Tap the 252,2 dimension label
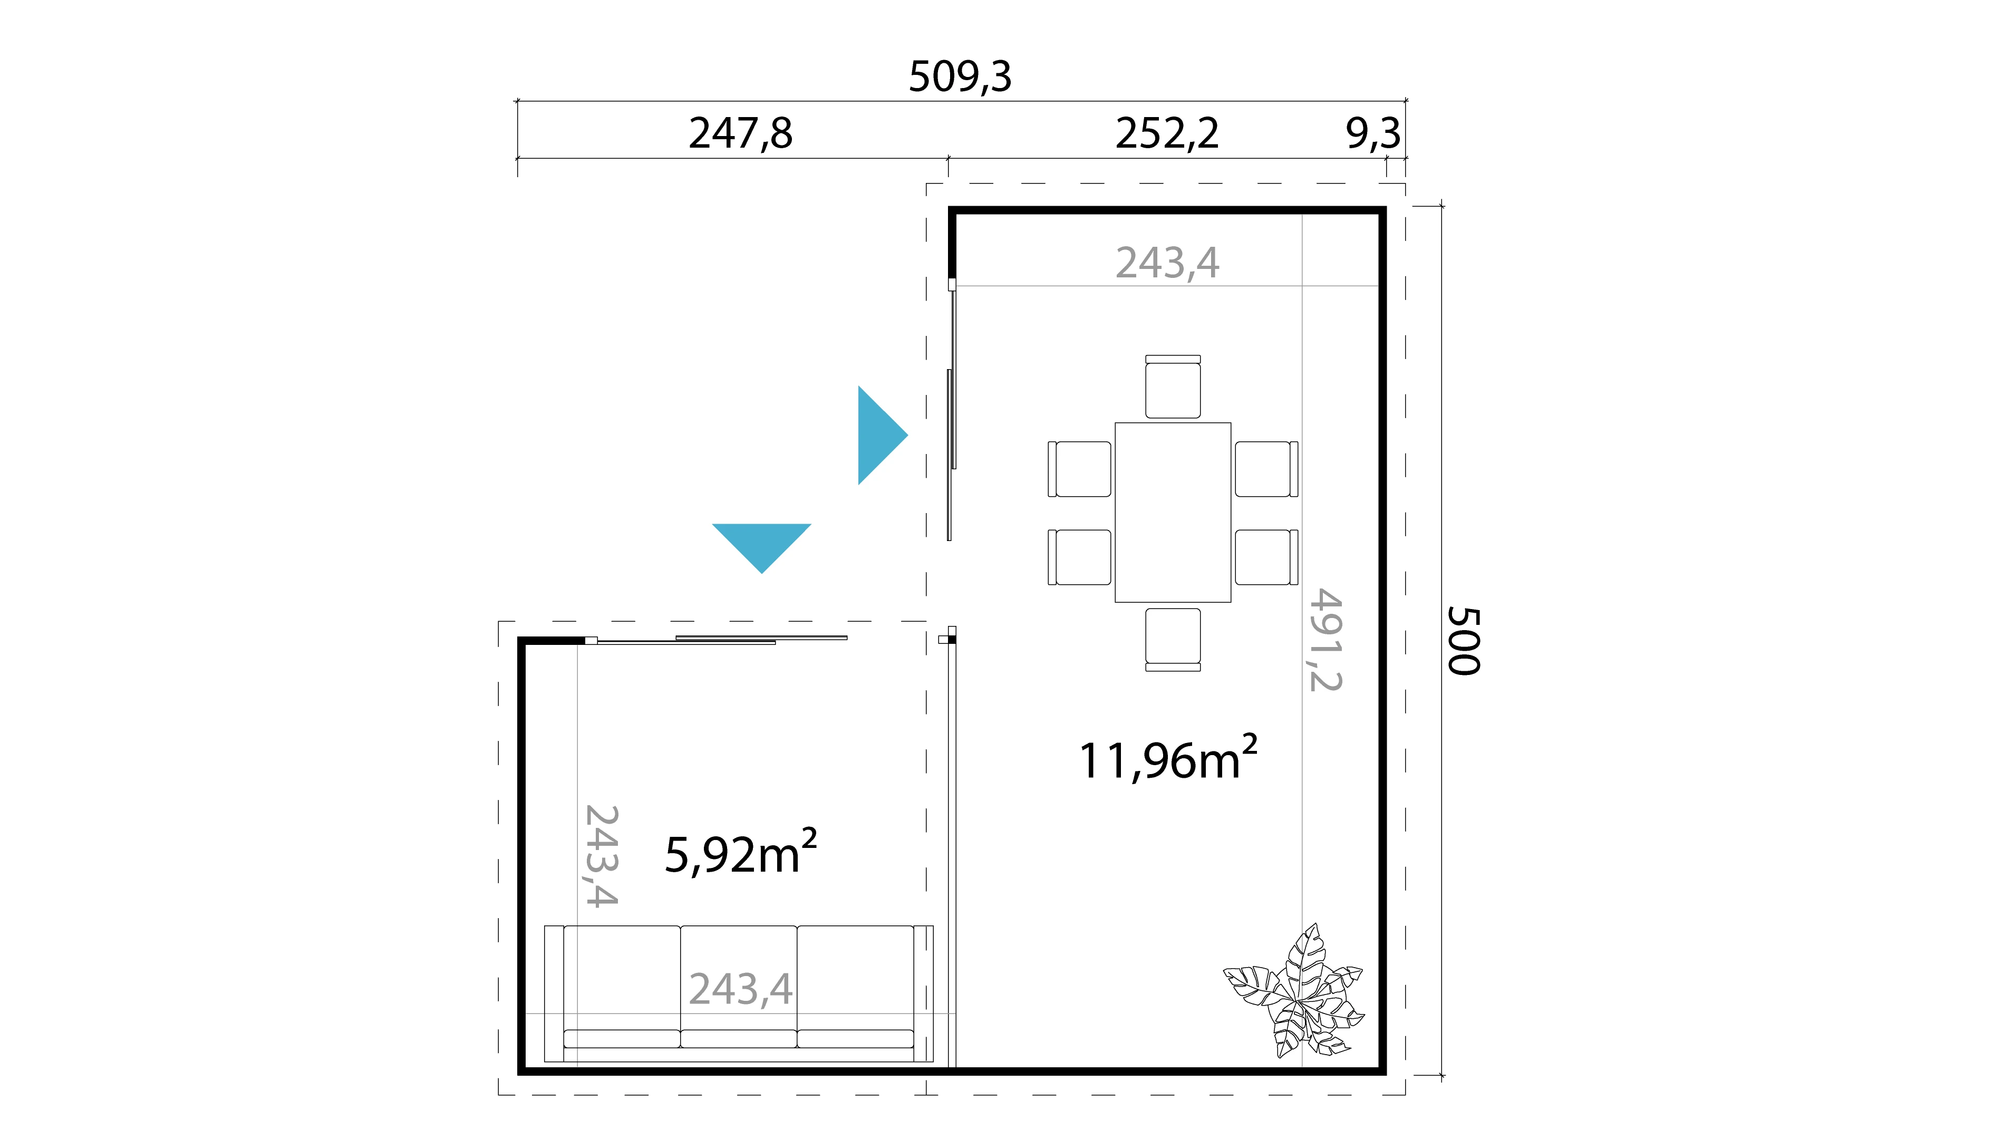coord(1166,134)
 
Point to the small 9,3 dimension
coord(1373,134)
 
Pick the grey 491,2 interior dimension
coord(1326,640)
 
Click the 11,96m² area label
coord(1166,759)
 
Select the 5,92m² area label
coord(740,853)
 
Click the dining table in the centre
coord(1173,513)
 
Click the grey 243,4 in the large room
coord(1166,263)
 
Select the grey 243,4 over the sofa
coord(740,990)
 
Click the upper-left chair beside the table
coord(1080,469)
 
